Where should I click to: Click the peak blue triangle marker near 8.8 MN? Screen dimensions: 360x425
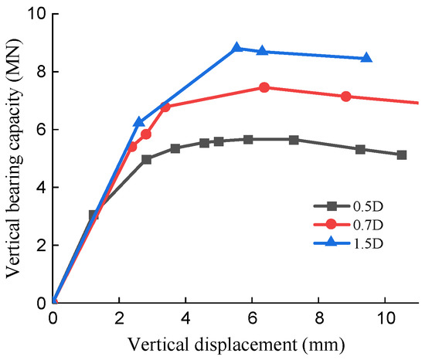click(x=237, y=48)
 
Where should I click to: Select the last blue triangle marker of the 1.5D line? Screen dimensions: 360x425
click(x=366, y=58)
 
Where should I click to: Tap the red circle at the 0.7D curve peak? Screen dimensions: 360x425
click(x=264, y=87)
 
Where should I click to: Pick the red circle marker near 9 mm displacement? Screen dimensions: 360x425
click(x=345, y=97)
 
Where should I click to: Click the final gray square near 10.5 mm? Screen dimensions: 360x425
click(x=402, y=155)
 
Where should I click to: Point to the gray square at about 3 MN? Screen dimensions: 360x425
click(x=93, y=215)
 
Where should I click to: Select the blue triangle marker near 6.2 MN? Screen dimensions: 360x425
click(x=139, y=122)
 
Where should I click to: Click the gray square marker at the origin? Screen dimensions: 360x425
click(x=53, y=302)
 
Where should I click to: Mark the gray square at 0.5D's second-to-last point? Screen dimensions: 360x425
click(x=360, y=149)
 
